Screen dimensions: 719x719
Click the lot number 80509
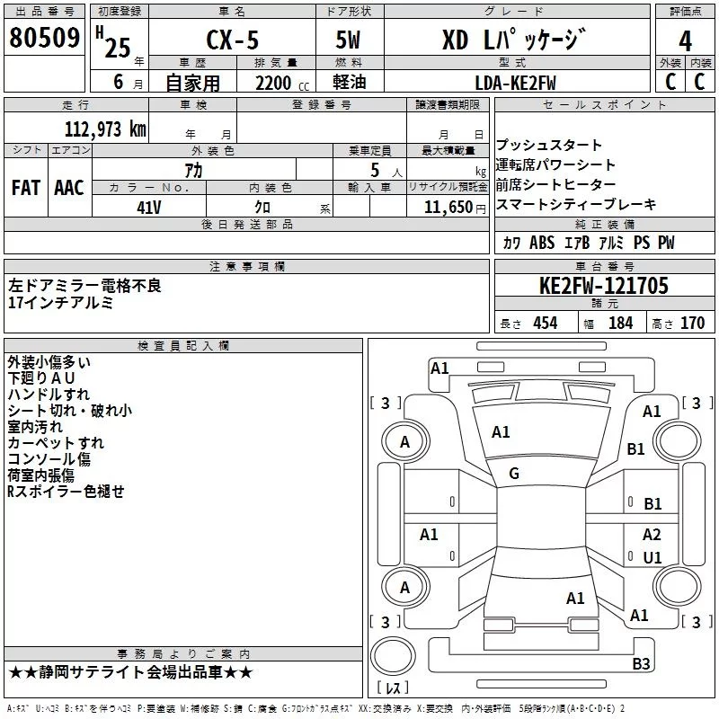coord(44,37)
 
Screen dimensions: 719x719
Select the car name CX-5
coord(233,40)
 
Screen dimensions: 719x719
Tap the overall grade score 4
coord(685,40)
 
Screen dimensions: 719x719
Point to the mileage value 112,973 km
coord(105,129)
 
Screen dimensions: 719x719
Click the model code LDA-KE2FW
coord(515,83)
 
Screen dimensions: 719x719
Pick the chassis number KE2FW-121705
coord(603,286)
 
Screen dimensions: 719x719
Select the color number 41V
coord(149,208)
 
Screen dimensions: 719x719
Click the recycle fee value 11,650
coord(448,208)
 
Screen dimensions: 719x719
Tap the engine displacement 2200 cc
coord(282,83)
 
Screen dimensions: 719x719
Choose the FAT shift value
coord(26,188)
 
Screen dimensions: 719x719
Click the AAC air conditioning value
coord(69,188)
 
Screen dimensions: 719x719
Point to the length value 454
coord(546,323)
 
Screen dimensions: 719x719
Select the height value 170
coord(692,323)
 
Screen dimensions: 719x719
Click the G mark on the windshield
coord(514,474)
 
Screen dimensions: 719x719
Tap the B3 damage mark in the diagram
coord(641,663)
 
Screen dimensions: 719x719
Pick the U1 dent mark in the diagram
coord(652,557)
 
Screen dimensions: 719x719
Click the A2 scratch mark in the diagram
coord(652,535)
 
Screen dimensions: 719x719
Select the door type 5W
coord(348,40)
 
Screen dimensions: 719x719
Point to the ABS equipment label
coord(542,243)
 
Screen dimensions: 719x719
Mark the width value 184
coord(621,323)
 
